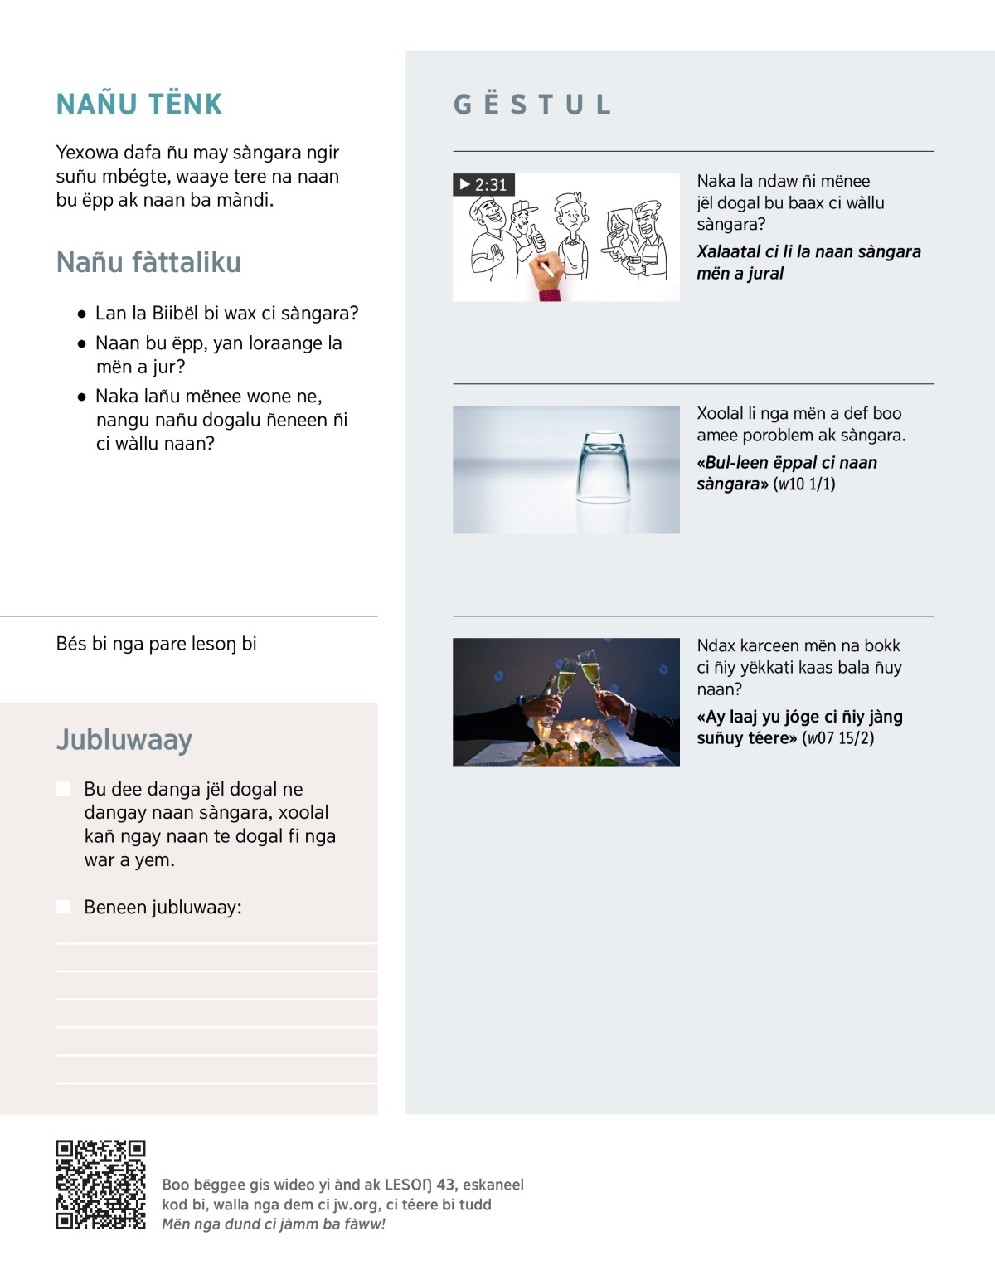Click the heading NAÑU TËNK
tap(139, 105)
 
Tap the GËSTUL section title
tap(532, 105)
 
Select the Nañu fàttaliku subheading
tap(148, 262)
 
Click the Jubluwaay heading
tap(124, 739)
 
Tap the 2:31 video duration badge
tap(484, 185)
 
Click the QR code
tap(100, 1184)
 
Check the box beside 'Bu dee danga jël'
tap(63, 789)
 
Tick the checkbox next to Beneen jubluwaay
tap(63, 907)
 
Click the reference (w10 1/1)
tap(804, 484)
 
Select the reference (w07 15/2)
tap(837, 738)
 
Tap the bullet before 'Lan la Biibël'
tap(81, 314)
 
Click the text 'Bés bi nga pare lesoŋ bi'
tap(156, 644)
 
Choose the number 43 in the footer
tap(446, 1185)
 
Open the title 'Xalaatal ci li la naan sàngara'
tap(808, 262)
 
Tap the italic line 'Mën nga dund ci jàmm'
tap(274, 1224)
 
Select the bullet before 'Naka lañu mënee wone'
tap(81, 397)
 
